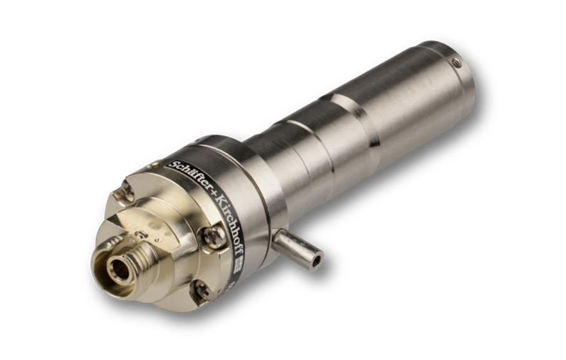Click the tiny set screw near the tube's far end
click(x=455, y=63)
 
